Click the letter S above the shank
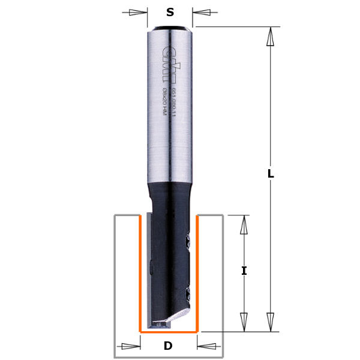tap(170, 12)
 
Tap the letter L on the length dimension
tap(271, 174)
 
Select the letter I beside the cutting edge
tap(244, 271)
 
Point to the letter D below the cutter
tap(168, 346)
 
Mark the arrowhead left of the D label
tap(131, 346)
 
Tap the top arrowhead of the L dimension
tap(271, 37)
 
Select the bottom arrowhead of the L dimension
tap(271, 321)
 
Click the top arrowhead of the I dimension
tap(244, 225)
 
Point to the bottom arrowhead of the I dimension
tap(244, 321)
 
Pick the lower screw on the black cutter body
tap(188, 294)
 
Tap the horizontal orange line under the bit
tap(169, 331)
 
